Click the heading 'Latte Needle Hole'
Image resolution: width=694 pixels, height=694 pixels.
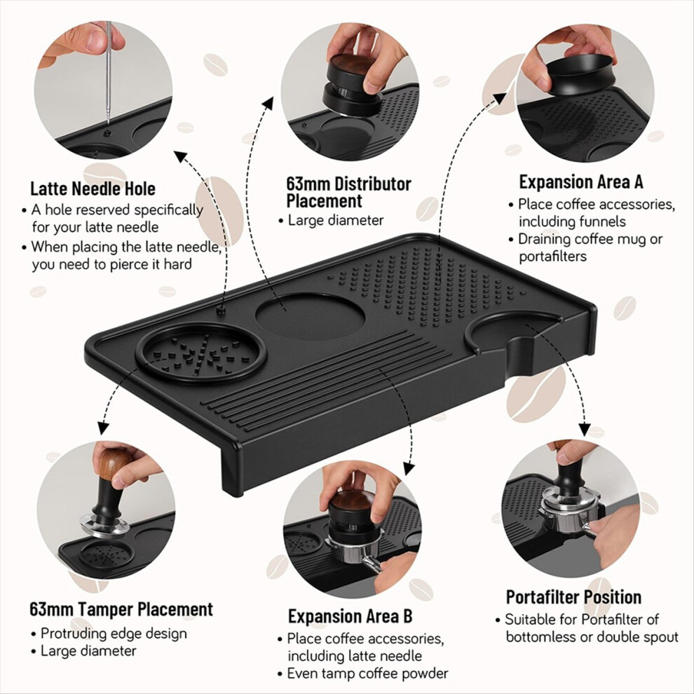93,189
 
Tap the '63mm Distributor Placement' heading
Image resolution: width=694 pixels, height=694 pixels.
349,192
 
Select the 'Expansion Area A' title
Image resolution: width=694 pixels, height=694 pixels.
580,182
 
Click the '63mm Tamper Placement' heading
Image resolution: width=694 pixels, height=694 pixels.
121,609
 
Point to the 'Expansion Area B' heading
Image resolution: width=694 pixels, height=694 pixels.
350,616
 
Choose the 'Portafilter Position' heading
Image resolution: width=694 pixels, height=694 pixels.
573,597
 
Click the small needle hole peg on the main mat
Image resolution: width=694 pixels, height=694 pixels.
220,310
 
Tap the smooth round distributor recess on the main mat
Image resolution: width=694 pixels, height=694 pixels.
311,316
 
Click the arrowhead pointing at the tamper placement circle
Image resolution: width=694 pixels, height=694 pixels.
103,428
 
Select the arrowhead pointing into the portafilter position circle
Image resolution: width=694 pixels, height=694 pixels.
585,429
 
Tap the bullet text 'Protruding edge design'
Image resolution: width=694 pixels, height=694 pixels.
114,634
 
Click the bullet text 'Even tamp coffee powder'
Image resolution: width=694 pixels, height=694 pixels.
367,673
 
